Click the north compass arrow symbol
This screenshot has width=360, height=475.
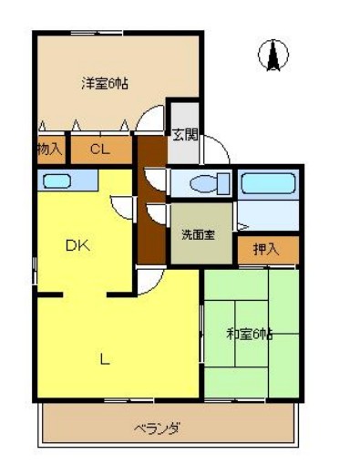tap(271, 57)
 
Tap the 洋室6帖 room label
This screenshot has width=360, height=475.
tap(104, 84)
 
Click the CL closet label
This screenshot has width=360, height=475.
tap(100, 149)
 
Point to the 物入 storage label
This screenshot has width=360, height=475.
tap(50, 149)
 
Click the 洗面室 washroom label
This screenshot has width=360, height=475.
tap(197, 234)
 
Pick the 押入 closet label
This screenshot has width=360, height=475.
tap(264, 248)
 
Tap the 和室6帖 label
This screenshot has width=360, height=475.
tap(249, 334)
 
